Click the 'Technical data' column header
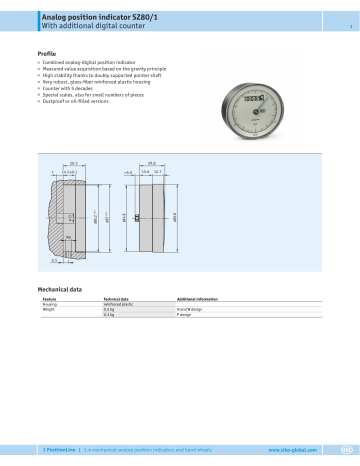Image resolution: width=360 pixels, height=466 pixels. (x=118, y=299)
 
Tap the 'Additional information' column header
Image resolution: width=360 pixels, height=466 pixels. (x=199, y=299)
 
